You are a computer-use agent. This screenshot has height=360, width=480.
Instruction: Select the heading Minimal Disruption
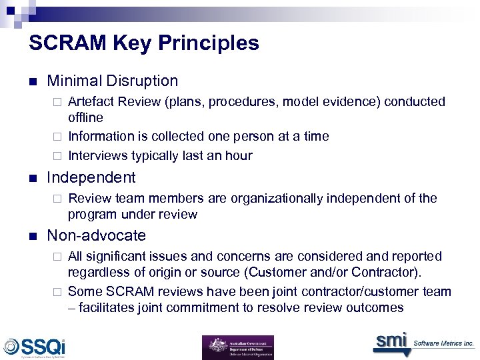tap(113, 81)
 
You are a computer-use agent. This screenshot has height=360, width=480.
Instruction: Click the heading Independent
tap(91, 177)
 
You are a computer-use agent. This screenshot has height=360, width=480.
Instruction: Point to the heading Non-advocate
tap(97, 235)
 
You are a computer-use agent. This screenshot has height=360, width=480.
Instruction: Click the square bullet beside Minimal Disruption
tap(33, 82)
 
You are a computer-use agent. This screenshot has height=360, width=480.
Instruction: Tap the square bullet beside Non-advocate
tap(33, 237)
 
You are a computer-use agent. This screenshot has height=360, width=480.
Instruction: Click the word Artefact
tap(91, 101)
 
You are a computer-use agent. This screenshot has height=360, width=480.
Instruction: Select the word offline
tap(85, 117)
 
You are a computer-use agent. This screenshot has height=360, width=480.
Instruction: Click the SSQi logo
tap(34, 347)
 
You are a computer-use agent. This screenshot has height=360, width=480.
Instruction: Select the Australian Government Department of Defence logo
tap(238, 347)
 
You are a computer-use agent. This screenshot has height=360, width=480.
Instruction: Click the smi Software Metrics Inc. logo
tap(423, 342)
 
